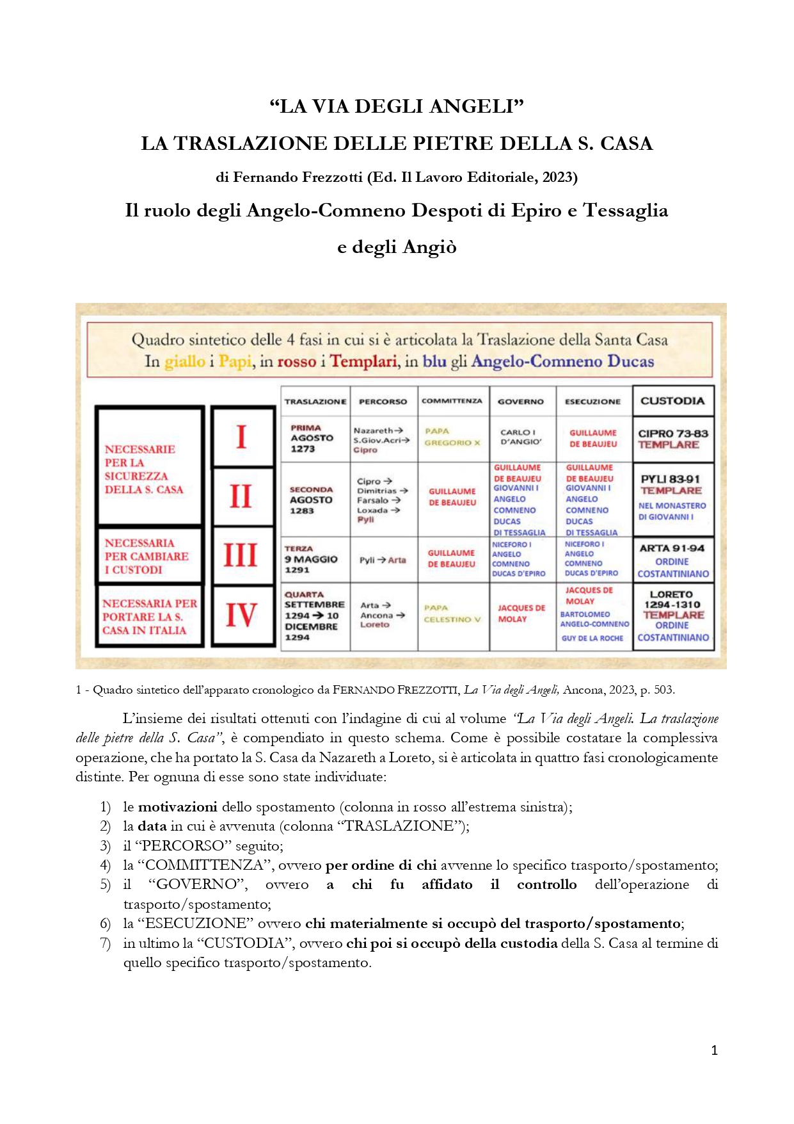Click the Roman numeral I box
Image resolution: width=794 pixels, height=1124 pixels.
pos(242,437)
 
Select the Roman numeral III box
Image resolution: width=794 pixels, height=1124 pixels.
pos(241,555)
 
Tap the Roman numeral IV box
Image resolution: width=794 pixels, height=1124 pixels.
pos(241,615)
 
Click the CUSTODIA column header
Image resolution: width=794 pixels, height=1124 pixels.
pos(672,401)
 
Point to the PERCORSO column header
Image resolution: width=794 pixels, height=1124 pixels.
pos(383,402)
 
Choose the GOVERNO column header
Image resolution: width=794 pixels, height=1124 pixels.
pos(521,402)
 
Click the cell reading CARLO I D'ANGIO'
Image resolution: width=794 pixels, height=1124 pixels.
pos(521,437)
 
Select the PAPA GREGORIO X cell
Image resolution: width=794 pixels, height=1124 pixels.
pos(452,437)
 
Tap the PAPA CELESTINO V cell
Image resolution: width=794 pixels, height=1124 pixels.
pos(452,614)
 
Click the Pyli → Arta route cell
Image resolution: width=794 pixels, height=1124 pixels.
pos(383,560)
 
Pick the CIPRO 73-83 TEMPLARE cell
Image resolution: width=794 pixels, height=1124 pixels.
pos(672,439)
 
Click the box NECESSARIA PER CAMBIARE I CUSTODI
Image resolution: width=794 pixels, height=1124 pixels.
pos(147,556)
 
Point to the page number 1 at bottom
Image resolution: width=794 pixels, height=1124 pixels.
pos(714,1050)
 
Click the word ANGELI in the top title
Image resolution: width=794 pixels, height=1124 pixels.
pos(477,106)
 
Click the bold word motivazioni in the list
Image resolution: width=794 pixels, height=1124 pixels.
pos(177,807)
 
